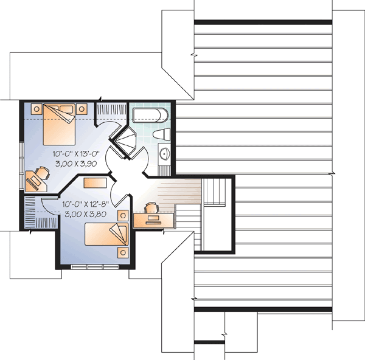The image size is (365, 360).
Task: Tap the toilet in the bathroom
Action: (161, 134)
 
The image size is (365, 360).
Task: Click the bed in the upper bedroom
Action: (58, 124)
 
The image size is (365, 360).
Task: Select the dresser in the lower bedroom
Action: (96, 182)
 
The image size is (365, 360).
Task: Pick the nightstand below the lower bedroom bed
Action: (123, 252)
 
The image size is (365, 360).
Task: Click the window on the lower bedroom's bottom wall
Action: (94, 266)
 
